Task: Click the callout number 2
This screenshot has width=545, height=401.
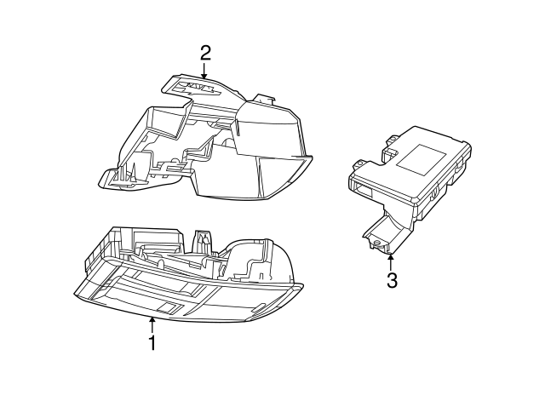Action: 205,53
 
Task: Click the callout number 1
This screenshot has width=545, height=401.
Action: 152,343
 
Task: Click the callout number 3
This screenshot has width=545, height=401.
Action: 392,280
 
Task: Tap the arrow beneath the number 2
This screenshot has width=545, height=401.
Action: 205,73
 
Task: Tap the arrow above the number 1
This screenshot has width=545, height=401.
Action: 152,324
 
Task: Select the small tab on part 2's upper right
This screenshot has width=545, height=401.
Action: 267,99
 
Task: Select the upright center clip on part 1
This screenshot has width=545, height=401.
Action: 203,240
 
